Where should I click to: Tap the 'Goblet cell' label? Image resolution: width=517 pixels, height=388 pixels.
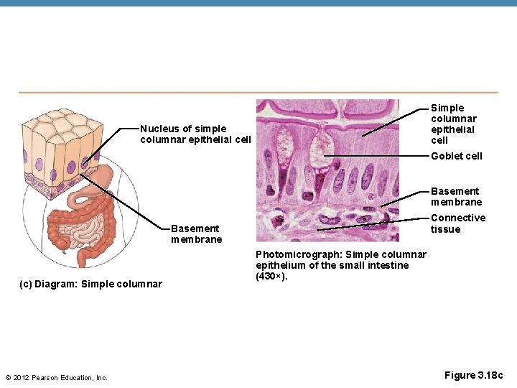(456, 156)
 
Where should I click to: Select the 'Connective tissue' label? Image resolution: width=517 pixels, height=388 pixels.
(457, 223)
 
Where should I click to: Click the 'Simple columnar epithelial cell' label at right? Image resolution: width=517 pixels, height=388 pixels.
(453, 124)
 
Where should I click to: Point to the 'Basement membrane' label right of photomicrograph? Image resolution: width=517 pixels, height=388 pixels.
(456, 196)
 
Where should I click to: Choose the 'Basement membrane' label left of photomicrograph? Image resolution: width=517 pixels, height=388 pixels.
(196, 234)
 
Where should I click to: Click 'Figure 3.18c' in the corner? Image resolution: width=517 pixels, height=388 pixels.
(474, 375)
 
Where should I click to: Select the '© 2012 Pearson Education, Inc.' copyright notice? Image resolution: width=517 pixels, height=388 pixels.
(56, 378)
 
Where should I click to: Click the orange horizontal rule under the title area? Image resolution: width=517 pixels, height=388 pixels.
(258, 92)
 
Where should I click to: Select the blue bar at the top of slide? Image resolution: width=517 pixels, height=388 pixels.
(258, 3)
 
